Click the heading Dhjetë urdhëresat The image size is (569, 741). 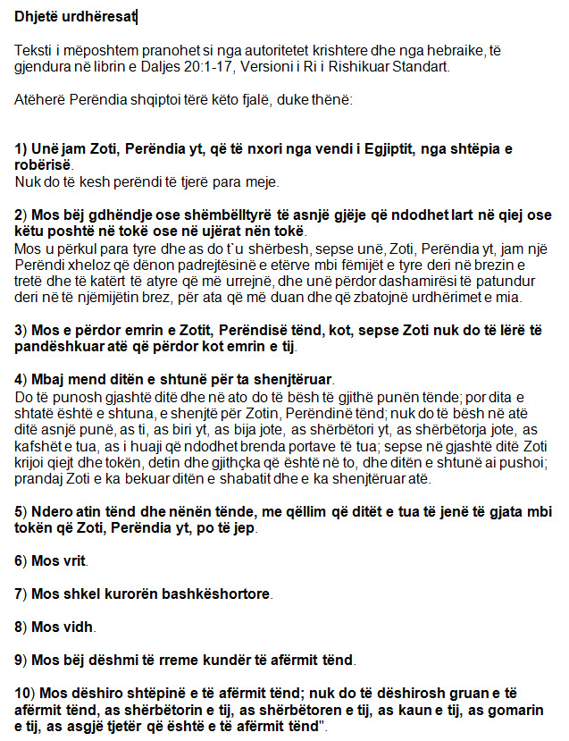point(76,16)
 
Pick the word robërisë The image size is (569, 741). point(44,165)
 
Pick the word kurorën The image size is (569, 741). point(125,594)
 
